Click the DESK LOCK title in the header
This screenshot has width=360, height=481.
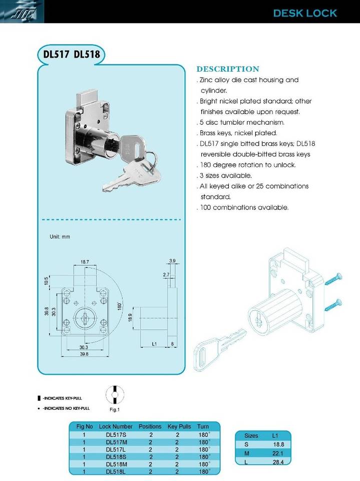click(305, 13)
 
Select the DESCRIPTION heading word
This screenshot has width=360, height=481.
click(228, 69)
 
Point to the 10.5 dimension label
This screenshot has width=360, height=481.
click(46, 281)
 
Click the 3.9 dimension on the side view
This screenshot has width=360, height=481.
click(172, 261)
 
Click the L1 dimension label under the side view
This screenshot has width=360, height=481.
click(155, 344)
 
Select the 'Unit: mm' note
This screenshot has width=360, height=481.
click(60, 236)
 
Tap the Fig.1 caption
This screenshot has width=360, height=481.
click(115, 409)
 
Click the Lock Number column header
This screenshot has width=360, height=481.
click(116, 426)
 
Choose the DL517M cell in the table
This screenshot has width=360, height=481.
click(116, 442)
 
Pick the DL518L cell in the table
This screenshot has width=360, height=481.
click(116, 471)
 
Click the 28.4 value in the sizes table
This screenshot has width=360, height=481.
click(278, 462)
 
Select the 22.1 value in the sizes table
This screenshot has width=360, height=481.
click(278, 453)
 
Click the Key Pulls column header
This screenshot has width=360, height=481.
click(179, 426)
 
